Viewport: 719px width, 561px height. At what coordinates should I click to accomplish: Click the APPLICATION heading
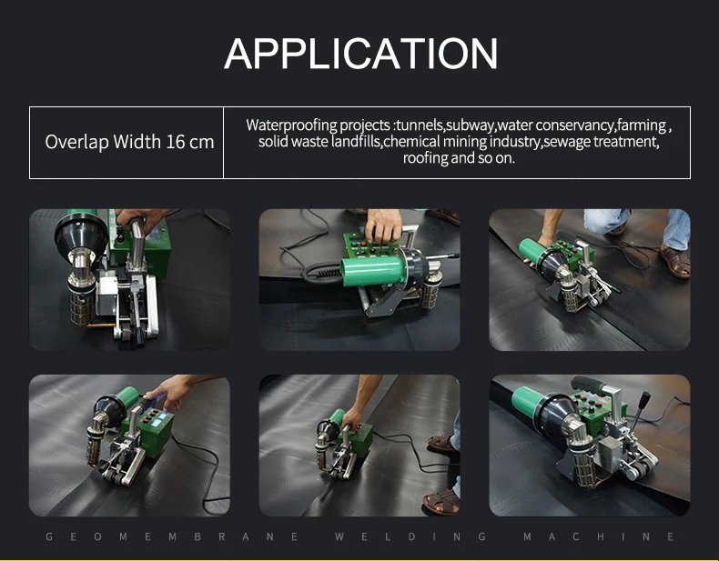(361, 54)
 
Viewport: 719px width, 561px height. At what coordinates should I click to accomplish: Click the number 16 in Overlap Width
(174, 142)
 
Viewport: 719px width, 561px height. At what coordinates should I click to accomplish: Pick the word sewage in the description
(567, 142)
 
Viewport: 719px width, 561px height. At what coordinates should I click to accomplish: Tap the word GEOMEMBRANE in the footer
(172, 536)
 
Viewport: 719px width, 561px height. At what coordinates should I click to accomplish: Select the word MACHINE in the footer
(598, 536)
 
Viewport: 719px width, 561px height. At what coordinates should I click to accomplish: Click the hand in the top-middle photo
(383, 225)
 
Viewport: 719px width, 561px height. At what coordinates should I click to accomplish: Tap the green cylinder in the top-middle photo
(370, 271)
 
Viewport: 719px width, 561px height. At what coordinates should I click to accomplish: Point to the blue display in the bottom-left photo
(157, 422)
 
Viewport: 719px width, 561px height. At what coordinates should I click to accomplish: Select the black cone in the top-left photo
(81, 235)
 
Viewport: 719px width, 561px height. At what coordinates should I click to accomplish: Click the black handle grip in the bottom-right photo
(588, 386)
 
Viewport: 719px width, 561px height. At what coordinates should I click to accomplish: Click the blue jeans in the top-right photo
(675, 229)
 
